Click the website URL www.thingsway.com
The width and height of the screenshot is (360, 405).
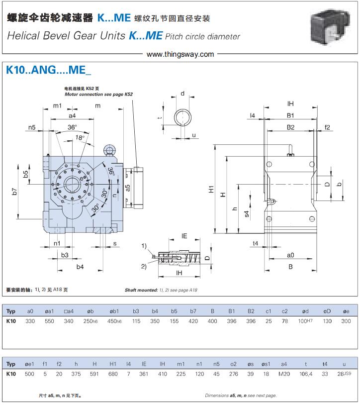coord(180,54)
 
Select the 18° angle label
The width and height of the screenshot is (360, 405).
coord(80,138)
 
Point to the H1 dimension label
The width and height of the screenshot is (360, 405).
coord(211,190)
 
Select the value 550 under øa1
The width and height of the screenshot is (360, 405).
coord(49,321)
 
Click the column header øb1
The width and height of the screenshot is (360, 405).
coord(114,311)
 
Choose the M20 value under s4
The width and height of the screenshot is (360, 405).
coord(284,373)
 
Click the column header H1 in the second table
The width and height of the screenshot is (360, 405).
coord(112,364)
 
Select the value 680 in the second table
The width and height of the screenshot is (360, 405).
coord(112,373)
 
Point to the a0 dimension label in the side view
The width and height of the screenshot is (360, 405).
coord(290,255)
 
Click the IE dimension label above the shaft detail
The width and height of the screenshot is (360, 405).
coord(184,236)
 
